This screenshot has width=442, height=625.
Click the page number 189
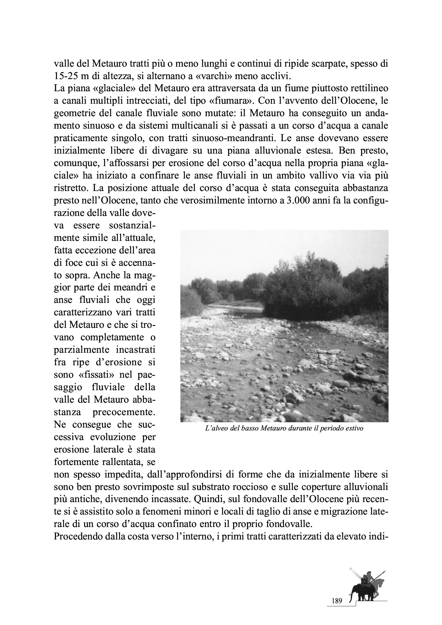(337, 601)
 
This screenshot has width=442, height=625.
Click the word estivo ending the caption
(354, 428)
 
